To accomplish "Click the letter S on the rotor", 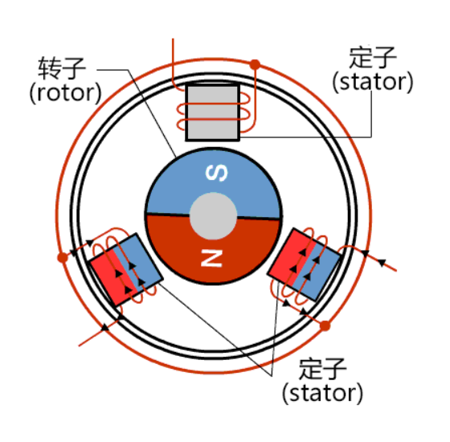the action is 217,173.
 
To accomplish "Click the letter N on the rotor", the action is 211,258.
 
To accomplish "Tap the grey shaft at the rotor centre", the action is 213,216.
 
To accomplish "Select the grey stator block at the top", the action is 213,112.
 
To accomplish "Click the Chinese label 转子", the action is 62,68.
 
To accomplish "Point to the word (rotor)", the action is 66,93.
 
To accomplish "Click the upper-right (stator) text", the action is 373,82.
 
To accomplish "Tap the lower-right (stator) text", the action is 323,393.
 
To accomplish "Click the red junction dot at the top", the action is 255,64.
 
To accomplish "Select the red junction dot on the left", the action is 63,257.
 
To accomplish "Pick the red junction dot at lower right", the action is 325,326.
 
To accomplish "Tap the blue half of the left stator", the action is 138,262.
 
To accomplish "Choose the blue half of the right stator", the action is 317,272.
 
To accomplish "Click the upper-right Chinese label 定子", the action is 373,57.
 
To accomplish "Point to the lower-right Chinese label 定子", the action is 322,369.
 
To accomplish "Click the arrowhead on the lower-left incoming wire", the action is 105,326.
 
